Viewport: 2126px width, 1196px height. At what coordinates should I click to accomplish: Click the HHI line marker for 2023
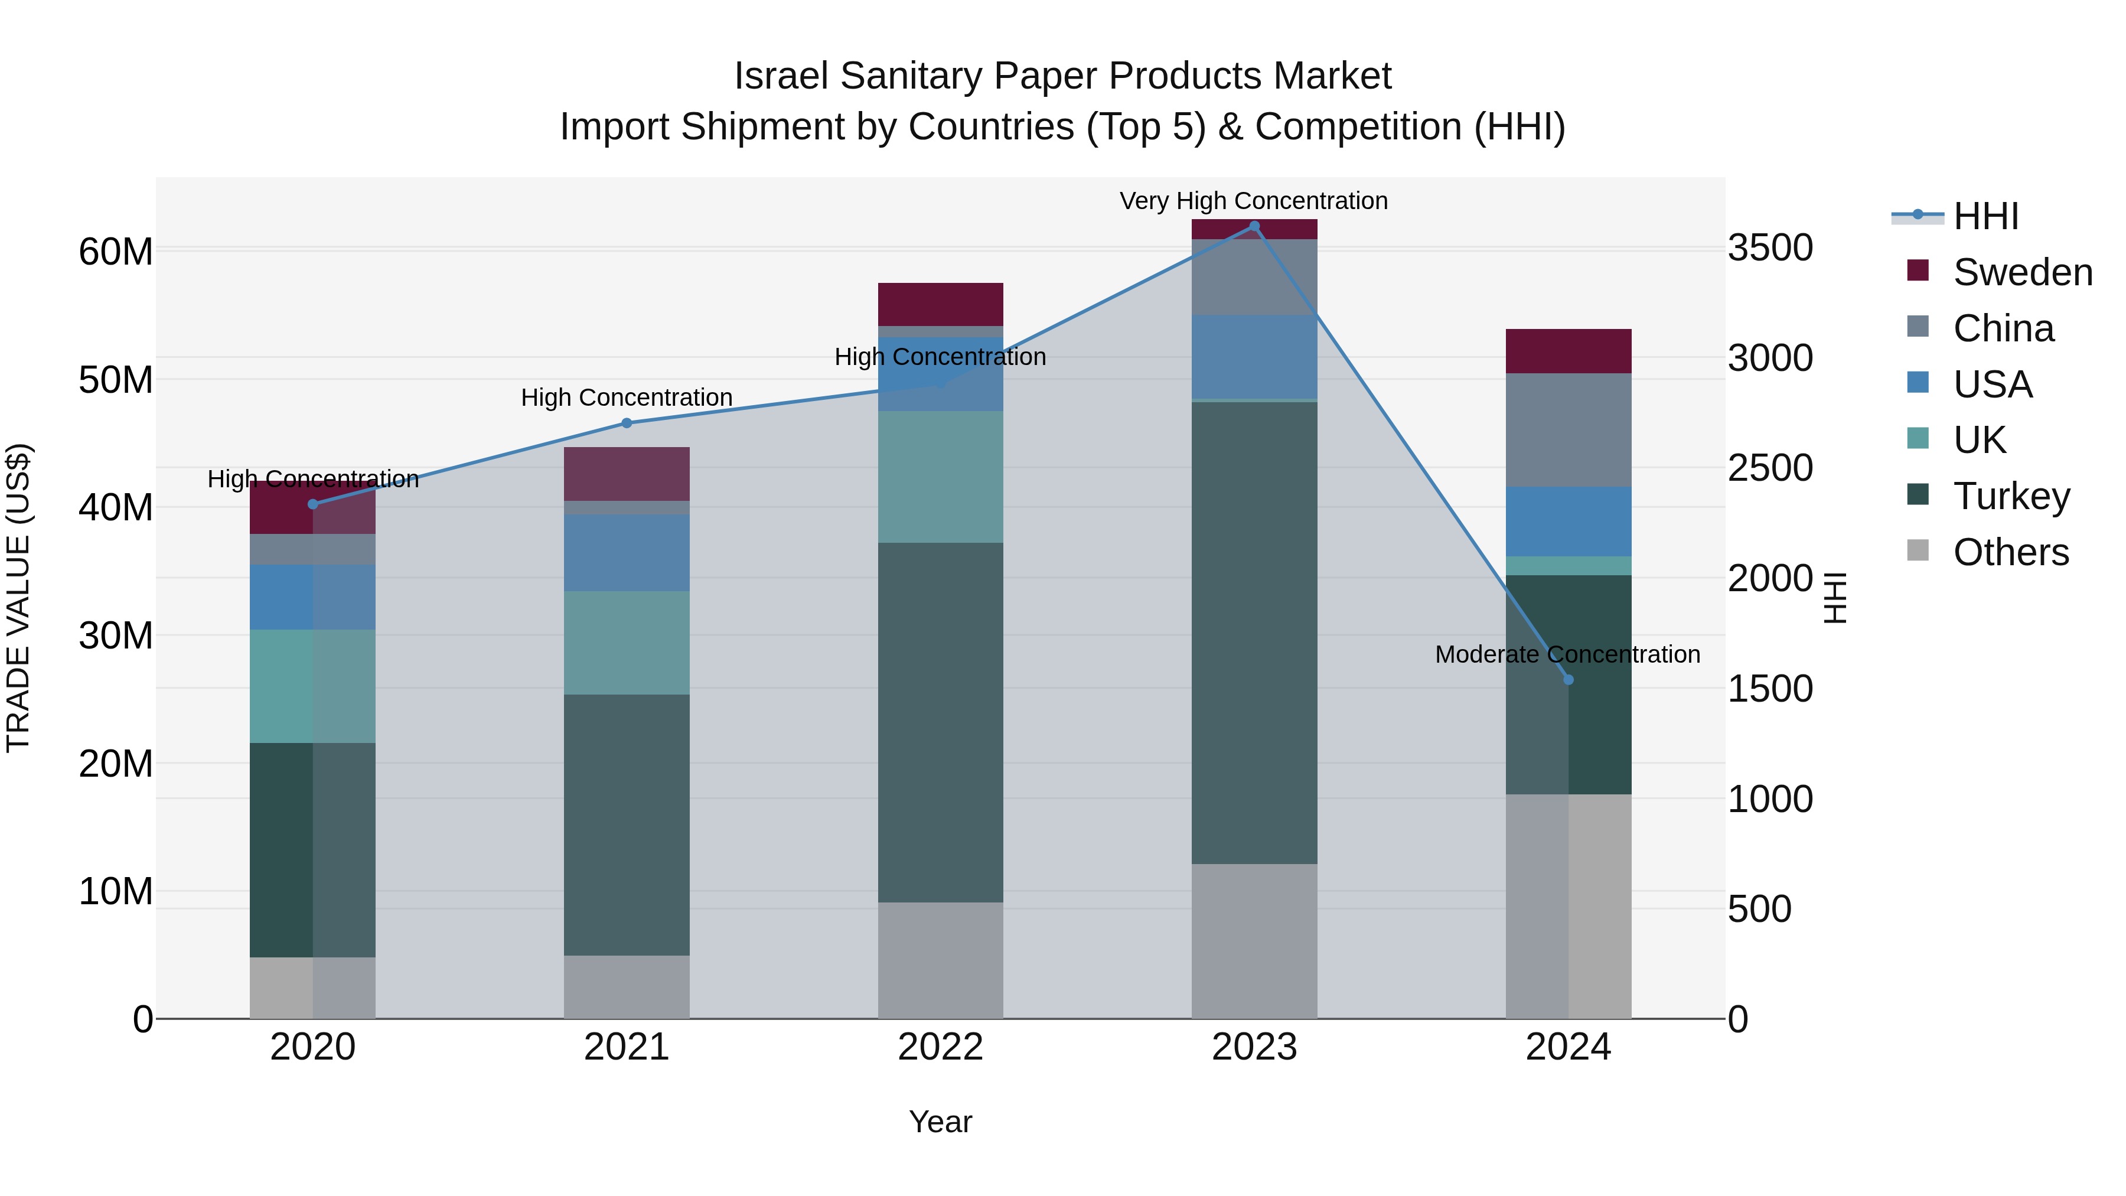click(1254, 226)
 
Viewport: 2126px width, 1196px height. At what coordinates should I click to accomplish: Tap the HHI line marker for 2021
click(627, 423)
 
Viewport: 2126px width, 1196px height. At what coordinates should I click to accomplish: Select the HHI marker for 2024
click(1568, 680)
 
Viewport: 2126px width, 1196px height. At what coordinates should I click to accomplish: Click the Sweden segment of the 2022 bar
click(940, 305)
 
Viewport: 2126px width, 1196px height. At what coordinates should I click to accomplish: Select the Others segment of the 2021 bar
click(627, 987)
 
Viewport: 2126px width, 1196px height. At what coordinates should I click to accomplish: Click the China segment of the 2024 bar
click(1568, 430)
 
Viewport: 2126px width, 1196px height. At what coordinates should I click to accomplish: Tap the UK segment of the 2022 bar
click(940, 477)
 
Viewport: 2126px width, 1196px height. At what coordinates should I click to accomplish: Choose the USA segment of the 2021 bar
click(627, 553)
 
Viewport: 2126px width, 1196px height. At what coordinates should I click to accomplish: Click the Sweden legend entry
click(2022, 272)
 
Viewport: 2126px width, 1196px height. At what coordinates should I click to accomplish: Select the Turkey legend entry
click(2011, 496)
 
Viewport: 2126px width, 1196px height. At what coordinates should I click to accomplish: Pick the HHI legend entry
click(1985, 216)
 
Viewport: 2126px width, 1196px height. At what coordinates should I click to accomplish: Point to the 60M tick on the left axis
click(116, 252)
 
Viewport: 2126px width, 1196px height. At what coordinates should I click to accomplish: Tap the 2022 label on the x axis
click(940, 1047)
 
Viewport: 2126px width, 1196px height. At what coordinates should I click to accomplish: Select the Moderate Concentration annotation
click(1567, 654)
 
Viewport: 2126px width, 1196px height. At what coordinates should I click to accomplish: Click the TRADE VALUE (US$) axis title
click(18, 598)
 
